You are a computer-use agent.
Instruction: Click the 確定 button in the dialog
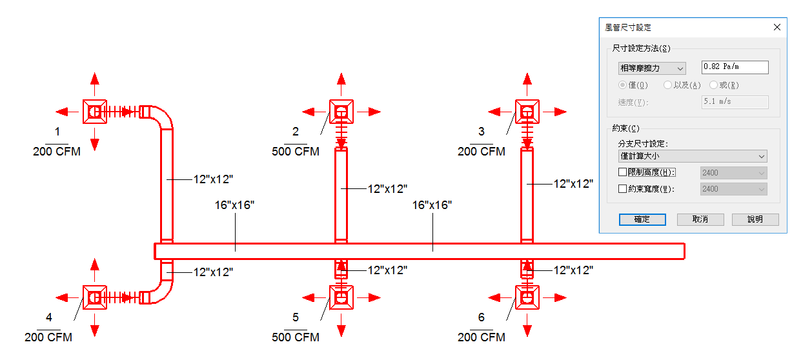[x=642, y=219]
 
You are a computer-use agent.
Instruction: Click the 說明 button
[x=755, y=219]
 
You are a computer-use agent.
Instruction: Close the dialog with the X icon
[x=777, y=27]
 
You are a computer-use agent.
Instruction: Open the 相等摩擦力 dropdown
[x=652, y=68]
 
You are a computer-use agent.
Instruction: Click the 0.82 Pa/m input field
[x=735, y=67]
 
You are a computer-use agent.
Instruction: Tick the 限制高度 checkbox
[x=622, y=172]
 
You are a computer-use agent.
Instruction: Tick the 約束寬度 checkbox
[x=622, y=189]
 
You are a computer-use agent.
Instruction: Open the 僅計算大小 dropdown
[x=692, y=156]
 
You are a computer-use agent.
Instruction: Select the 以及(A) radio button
[x=667, y=85]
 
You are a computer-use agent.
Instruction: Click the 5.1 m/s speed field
[x=735, y=101]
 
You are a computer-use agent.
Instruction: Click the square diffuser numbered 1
[x=94, y=112]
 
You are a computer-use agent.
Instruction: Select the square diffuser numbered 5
[x=341, y=297]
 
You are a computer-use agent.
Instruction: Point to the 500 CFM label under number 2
[x=296, y=152]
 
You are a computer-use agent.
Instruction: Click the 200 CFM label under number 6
[x=482, y=337]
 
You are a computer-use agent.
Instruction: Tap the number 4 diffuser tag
[x=48, y=317]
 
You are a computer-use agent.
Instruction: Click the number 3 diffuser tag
[x=482, y=132]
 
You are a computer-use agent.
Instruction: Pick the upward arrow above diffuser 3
[x=527, y=83]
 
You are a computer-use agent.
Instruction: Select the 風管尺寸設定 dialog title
[x=627, y=27]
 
